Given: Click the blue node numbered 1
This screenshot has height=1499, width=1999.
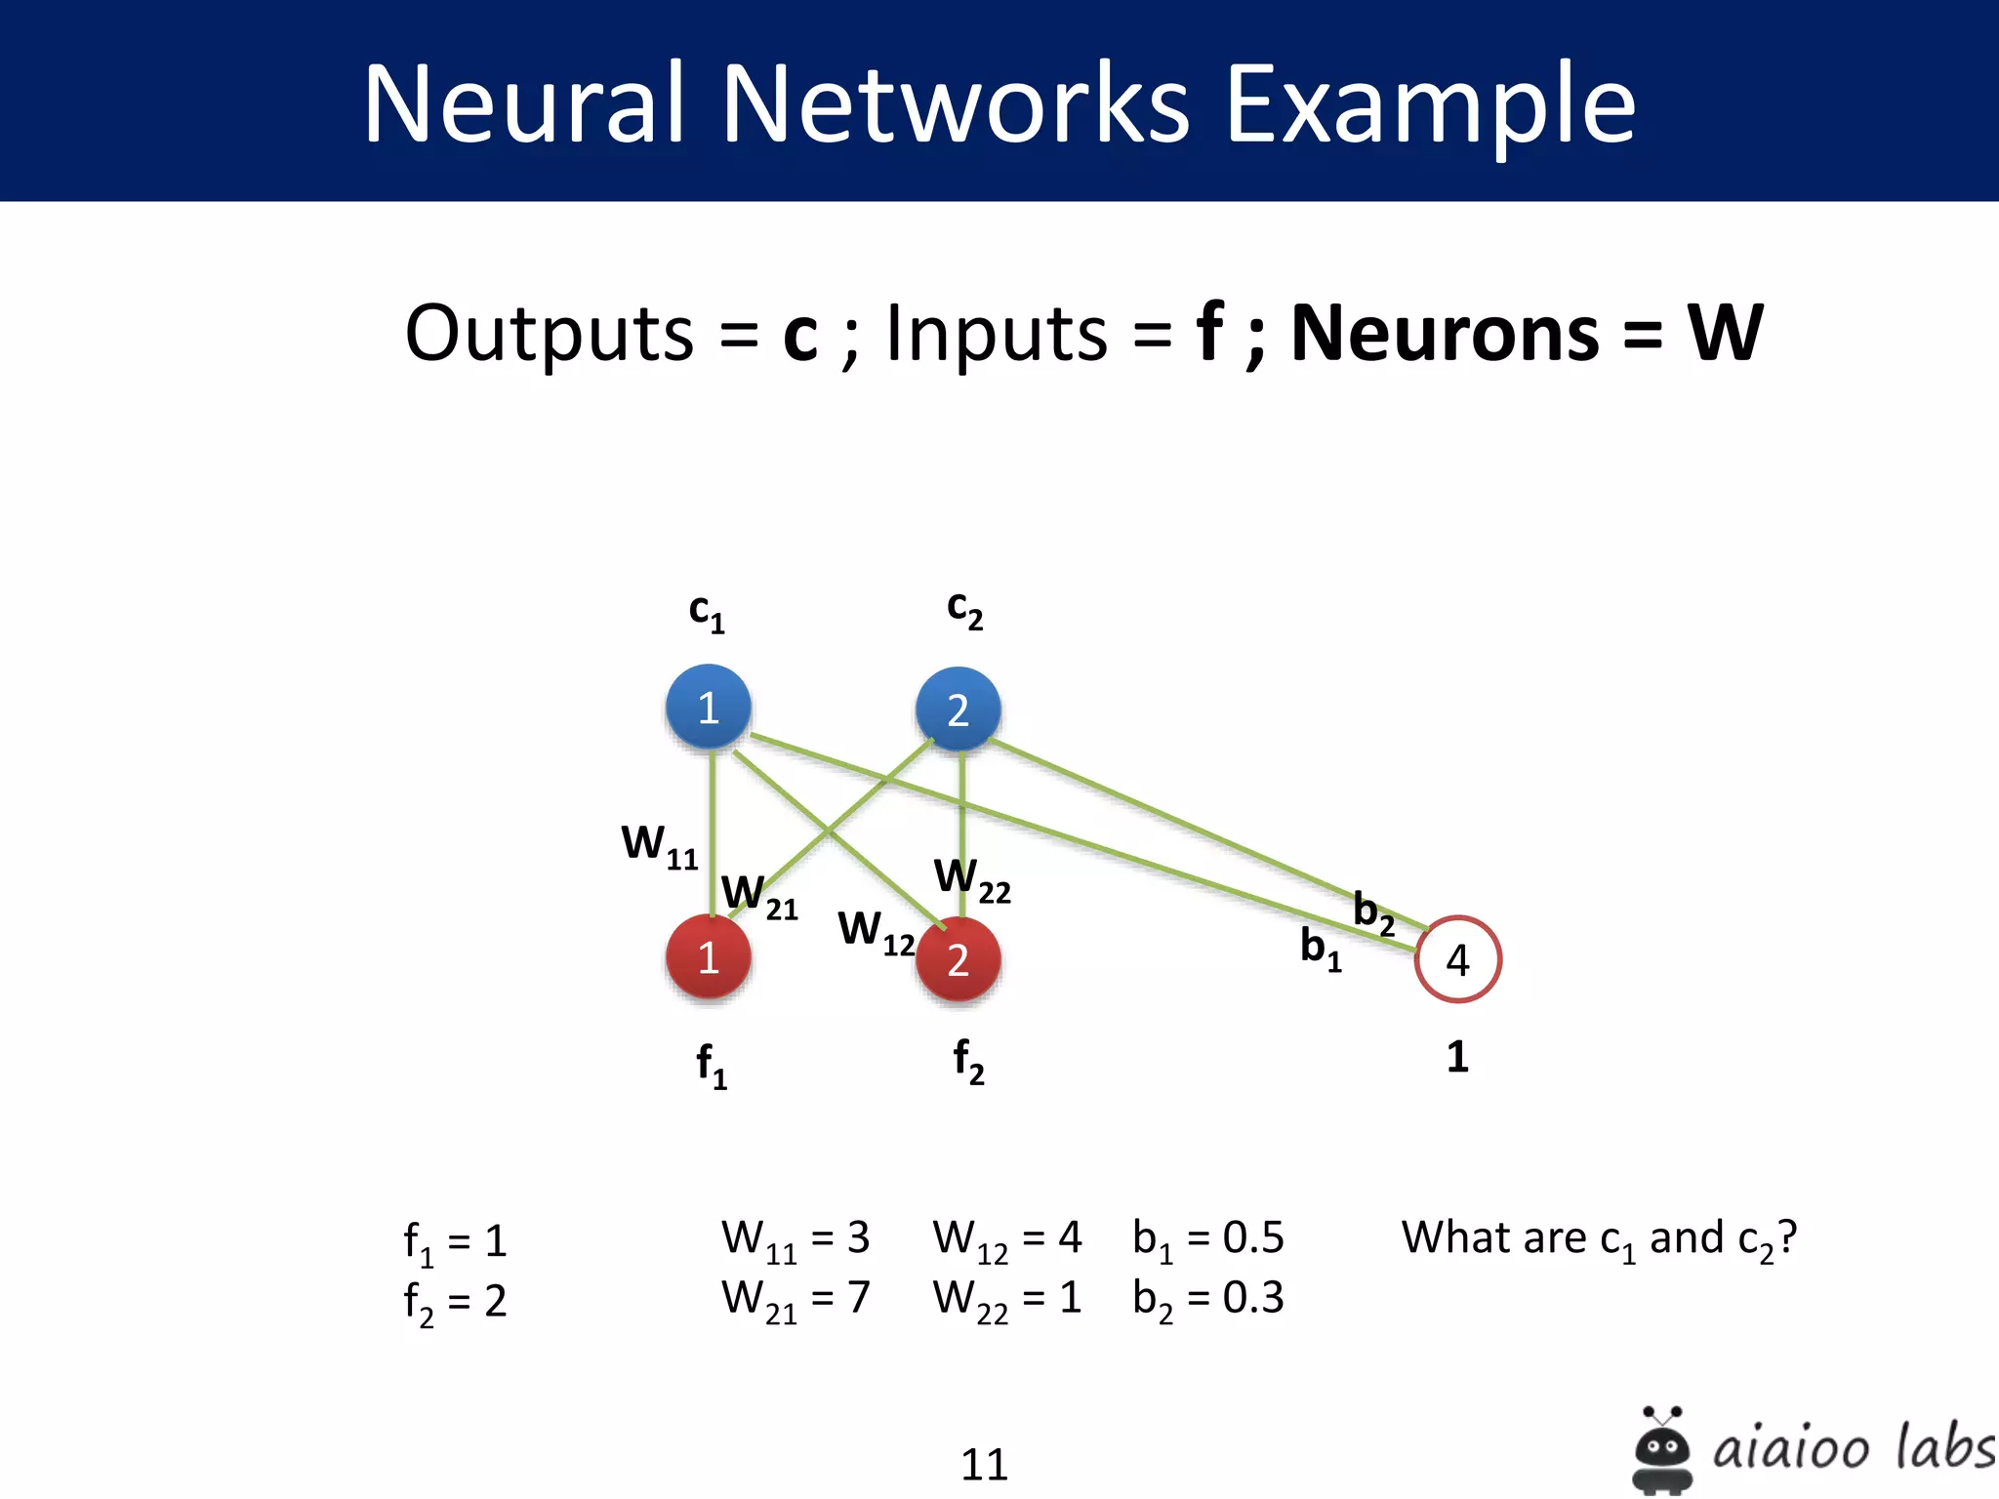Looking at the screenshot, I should coord(709,708).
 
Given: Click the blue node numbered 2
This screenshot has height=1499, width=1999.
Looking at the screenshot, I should coord(959,709).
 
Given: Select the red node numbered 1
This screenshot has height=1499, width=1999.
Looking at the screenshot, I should coord(709,957).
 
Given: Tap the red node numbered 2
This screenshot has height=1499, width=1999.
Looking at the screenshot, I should coord(959,959).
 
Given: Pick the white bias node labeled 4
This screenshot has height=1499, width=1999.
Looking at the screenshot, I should coord(1457,959).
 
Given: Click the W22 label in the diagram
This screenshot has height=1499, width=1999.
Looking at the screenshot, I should coord(972,879).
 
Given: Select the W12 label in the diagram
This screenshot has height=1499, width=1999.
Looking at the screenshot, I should coord(876,931).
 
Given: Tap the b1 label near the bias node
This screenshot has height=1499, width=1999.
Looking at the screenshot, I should coord(1321,948).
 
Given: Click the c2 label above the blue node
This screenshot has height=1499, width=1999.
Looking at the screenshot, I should coord(964,610).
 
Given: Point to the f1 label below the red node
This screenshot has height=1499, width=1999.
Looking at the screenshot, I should coord(712,1065).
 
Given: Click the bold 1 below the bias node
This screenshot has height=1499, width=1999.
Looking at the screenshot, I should coord(1457,1057).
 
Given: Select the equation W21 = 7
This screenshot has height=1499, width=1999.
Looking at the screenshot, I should coord(795,1300).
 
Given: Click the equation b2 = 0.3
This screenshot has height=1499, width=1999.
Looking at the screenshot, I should coord(1207,1300).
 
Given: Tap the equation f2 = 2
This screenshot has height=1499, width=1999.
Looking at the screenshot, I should coord(455,1303).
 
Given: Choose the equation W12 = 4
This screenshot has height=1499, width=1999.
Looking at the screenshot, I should coord(1006,1240).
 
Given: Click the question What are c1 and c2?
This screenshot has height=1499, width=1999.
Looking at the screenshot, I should coord(1598,1240).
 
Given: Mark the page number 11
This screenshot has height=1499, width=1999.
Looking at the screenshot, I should coord(984,1465).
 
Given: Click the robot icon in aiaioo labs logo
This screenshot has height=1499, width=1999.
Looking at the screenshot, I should coord(1661,1448).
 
